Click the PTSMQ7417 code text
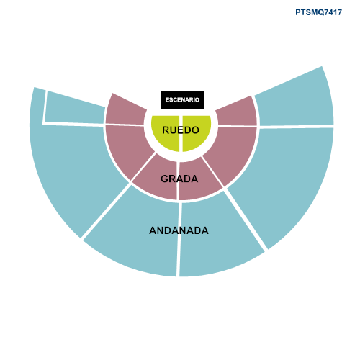coord(318,12)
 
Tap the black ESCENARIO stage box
coord(182,99)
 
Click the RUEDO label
coord(181,130)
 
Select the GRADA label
coord(179,179)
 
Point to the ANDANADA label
coord(179,230)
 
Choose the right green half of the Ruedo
coord(196,131)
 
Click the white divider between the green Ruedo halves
coord(181,134)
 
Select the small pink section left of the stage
coord(125,110)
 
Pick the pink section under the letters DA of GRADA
coord(199,179)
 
